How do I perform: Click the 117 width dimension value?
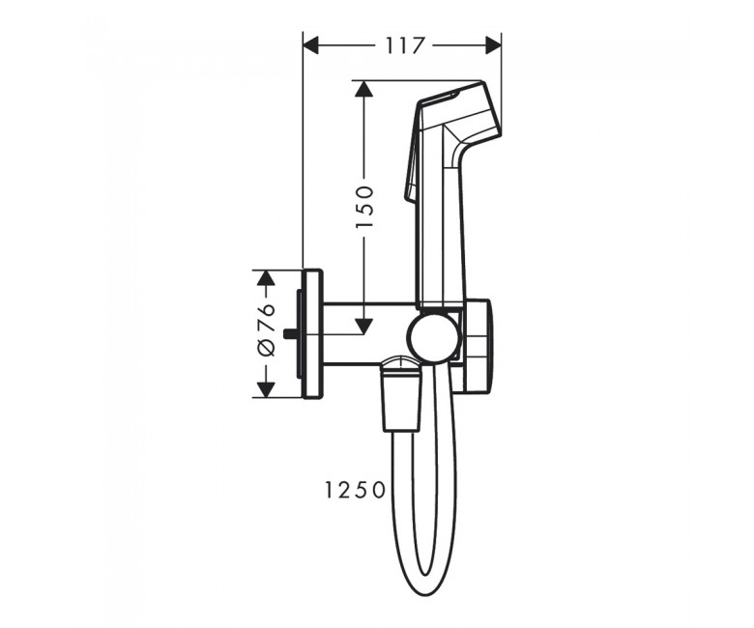tap(405, 46)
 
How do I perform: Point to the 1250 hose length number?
tap(355, 490)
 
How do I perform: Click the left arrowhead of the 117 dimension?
tap(311, 46)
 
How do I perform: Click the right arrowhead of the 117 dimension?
tap(493, 46)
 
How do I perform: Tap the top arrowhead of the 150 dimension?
tap(364, 89)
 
